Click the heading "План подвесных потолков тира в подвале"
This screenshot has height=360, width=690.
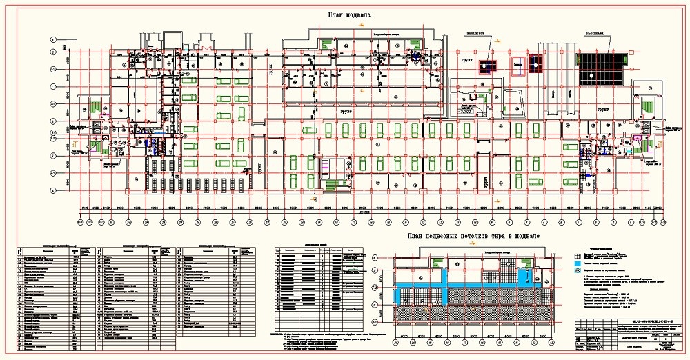[473, 236]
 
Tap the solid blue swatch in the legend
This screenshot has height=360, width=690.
[578, 263]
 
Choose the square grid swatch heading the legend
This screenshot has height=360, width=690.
[578, 254]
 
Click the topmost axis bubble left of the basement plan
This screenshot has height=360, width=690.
[52, 41]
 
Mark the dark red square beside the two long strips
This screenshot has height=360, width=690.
[489, 67]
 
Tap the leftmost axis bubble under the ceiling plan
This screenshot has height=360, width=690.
[396, 342]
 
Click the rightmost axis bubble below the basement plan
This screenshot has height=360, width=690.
[662, 222]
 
